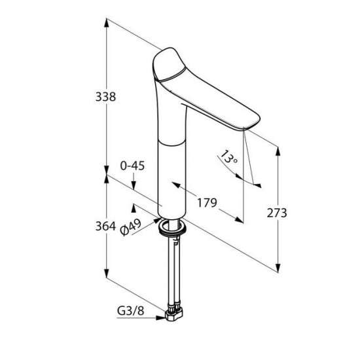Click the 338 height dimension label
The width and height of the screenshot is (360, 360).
click(105, 97)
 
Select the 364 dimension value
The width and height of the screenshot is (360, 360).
click(105, 226)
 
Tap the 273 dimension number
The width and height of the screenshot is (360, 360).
click(277, 213)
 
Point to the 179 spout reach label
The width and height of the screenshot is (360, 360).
click(207, 203)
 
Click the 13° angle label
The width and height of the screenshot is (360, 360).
click(228, 157)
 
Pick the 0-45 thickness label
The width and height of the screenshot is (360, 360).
click(132, 166)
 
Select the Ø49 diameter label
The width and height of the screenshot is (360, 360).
click(130, 227)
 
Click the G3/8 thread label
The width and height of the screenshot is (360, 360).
click(130, 311)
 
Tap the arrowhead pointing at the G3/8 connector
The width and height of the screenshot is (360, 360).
click(160, 317)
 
